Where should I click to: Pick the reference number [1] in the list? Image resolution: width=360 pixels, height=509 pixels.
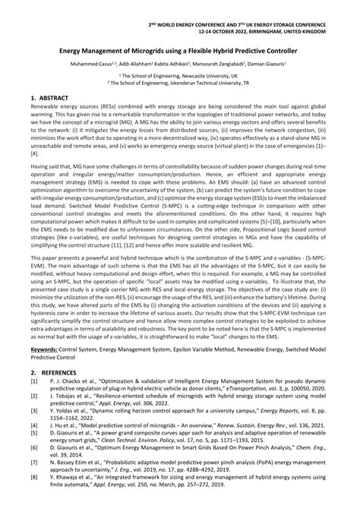[33, 406]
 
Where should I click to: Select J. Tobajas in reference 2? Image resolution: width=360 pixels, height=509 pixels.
[64, 424]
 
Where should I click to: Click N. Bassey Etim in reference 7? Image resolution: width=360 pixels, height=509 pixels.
[68, 476]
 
